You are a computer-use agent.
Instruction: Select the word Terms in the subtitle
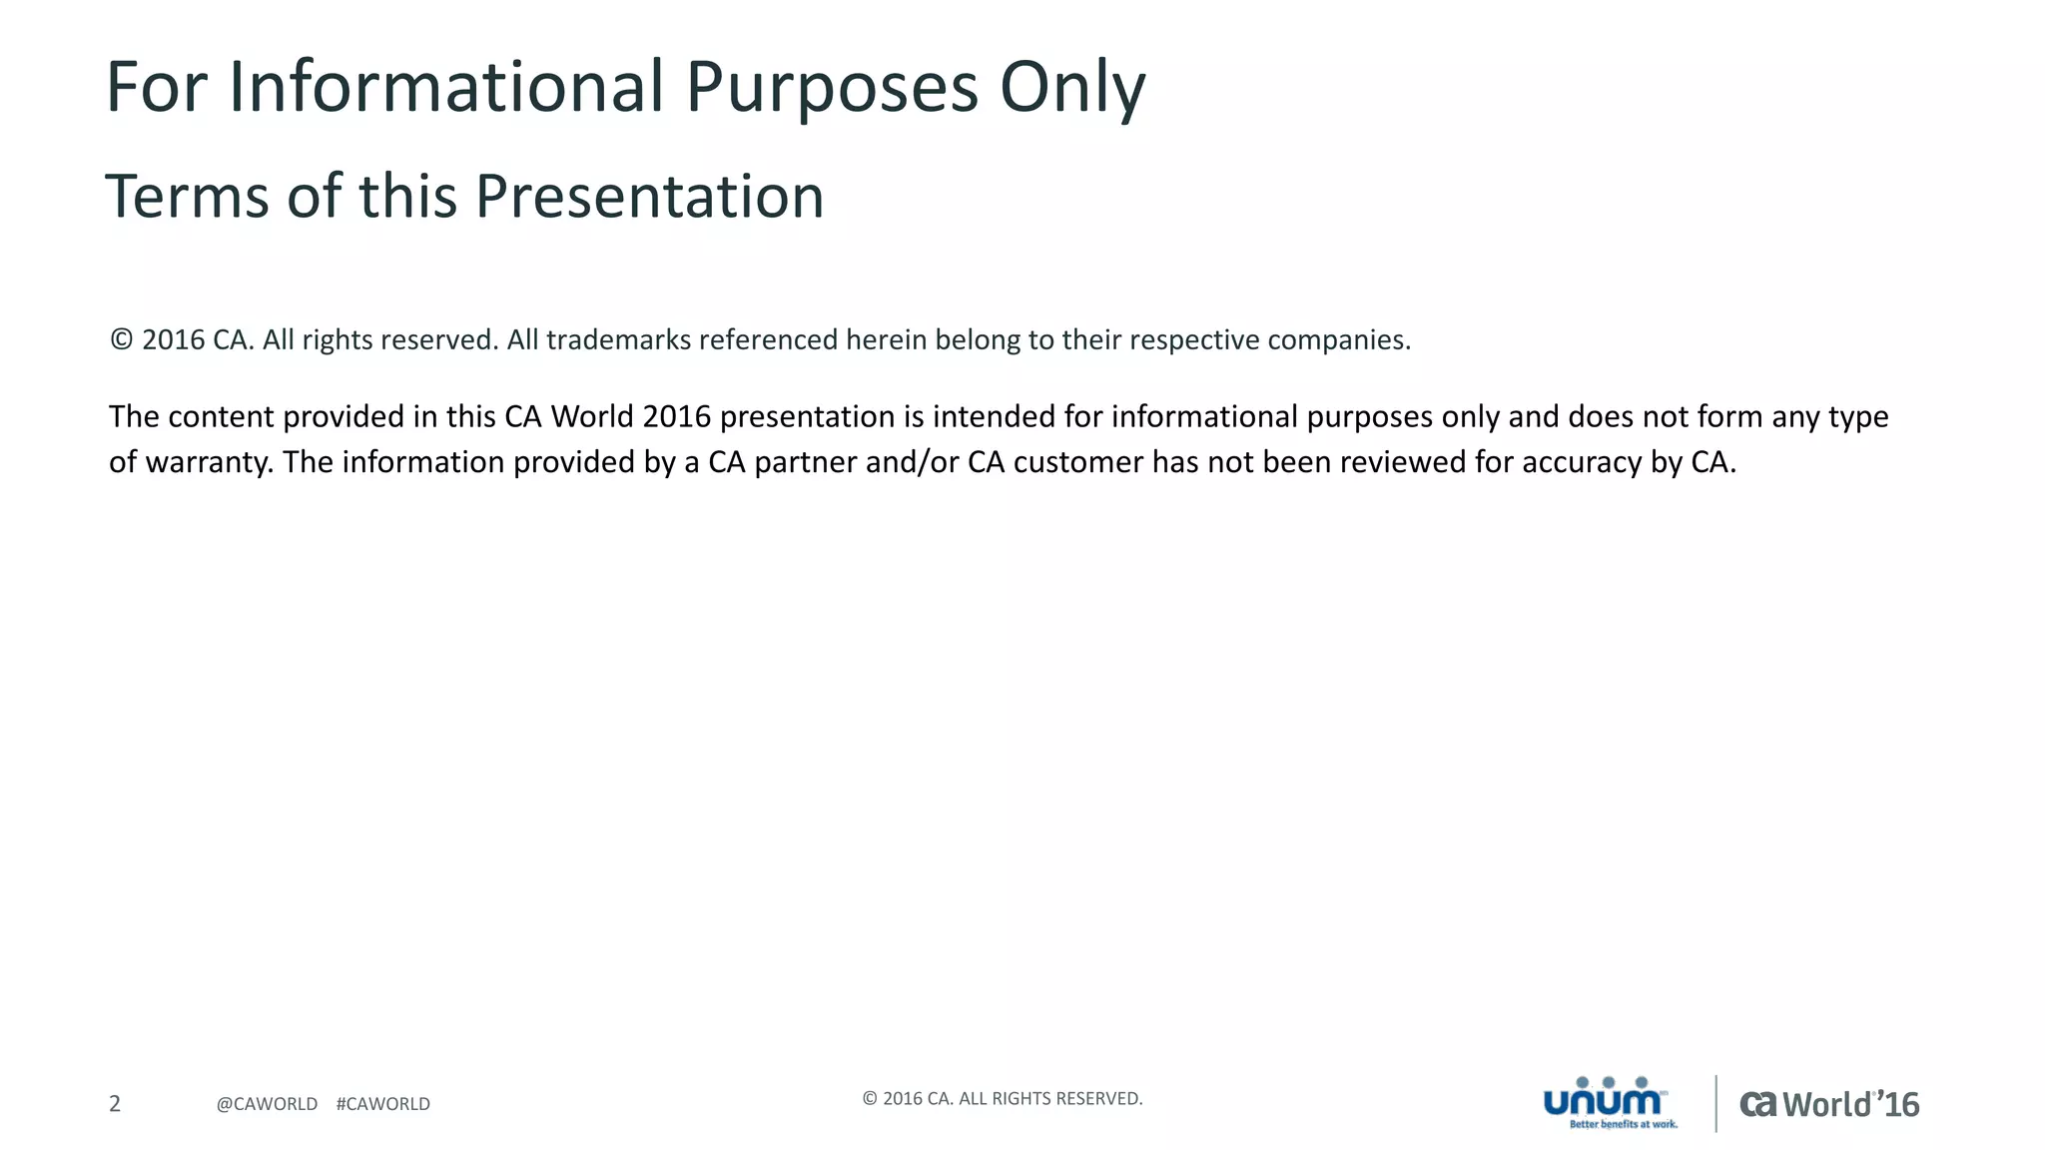[x=187, y=196]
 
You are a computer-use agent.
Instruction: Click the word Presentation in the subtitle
[x=649, y=196]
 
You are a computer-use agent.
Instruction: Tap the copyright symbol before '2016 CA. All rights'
[x=121, y=339]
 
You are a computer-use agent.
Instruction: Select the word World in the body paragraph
[x=591, y=416]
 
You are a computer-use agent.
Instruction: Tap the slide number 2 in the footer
[x=115, y=1103]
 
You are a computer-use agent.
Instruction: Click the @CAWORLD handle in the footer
[x=267, y=1104]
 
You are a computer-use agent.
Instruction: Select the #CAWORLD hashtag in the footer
[x=383, y=1104]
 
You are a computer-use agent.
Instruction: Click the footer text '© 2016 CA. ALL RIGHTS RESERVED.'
[x=1002, y=1099]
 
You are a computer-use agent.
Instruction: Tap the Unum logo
[x=1604, y=1098]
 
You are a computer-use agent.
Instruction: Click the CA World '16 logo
[x=1829, y=1104]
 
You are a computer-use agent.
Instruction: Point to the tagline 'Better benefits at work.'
[x=1623, y=1125]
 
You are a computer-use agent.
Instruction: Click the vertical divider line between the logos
[x=1715, y=1103]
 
